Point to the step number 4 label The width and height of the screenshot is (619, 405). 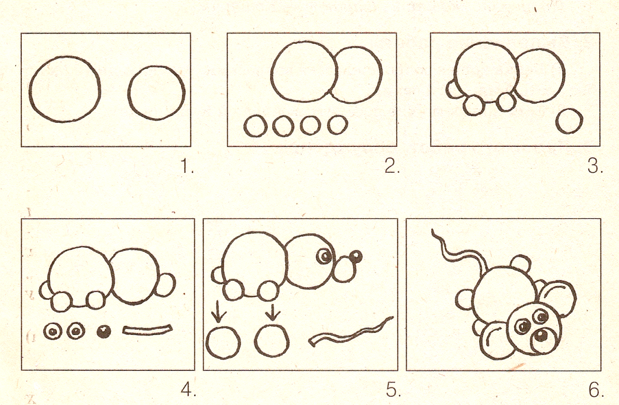point(188,390)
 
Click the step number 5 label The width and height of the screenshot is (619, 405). point(394,390)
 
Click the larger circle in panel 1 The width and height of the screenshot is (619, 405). point(29,89)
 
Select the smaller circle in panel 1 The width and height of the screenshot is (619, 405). point(128,93)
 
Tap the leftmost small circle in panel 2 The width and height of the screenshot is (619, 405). point(245,126)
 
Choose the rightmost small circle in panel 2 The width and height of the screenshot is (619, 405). point(328,124)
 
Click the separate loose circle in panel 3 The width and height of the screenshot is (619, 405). point(557,121)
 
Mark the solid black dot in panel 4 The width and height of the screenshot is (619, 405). point(104,331)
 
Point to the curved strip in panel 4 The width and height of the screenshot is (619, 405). point(148,330)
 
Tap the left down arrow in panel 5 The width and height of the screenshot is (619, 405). point(218,311)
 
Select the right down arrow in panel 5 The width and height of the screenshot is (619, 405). point(273,312)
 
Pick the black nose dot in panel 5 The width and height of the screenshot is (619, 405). point(355,257)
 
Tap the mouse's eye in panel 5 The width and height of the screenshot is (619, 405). point(325,257)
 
